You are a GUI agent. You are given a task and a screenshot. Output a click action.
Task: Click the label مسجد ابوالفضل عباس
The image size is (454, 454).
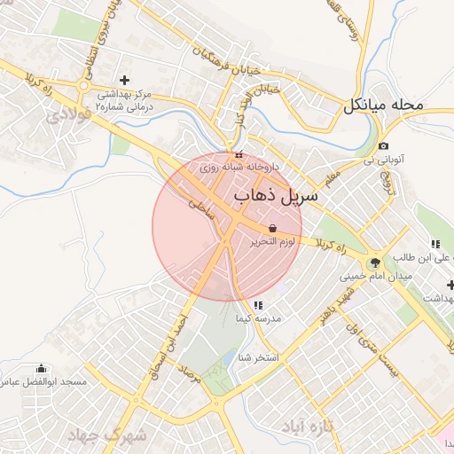[43, 382]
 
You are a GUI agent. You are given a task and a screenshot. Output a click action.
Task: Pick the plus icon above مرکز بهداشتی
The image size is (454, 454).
[124, 80]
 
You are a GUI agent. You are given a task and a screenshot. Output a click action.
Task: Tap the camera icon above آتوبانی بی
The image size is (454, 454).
[382, 146]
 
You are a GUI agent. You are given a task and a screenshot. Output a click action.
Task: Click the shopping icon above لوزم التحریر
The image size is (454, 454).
[271, 228]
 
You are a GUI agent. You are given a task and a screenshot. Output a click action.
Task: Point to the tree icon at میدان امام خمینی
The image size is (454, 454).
[375, 262]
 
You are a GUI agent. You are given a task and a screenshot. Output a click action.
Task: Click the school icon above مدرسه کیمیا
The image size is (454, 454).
[258, 305]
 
